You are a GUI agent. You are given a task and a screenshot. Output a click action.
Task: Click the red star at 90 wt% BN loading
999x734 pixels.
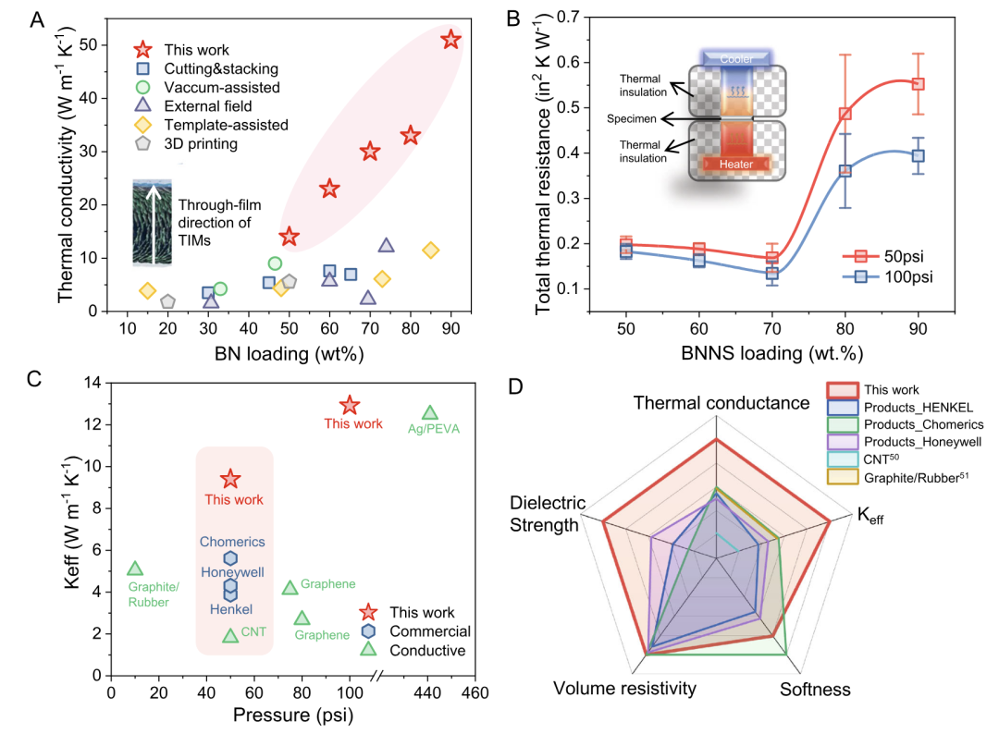point(450,40)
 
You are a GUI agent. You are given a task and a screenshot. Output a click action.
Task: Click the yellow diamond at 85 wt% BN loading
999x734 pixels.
point(430,250)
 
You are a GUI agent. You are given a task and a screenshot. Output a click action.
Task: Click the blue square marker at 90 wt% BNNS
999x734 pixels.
point(918,156)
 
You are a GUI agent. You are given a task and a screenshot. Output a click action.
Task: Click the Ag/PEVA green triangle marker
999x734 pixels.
point(429,413)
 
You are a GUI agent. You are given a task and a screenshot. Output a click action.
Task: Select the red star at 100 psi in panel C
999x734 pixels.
point(349,405)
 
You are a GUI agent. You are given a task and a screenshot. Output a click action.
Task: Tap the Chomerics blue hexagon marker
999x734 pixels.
point(230,558)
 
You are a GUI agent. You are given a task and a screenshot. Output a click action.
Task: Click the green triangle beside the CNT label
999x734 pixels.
point(230,634)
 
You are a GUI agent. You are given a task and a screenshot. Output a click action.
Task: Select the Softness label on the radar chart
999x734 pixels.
point(815,689)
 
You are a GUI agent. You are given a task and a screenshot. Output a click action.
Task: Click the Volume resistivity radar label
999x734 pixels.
point(624,689)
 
